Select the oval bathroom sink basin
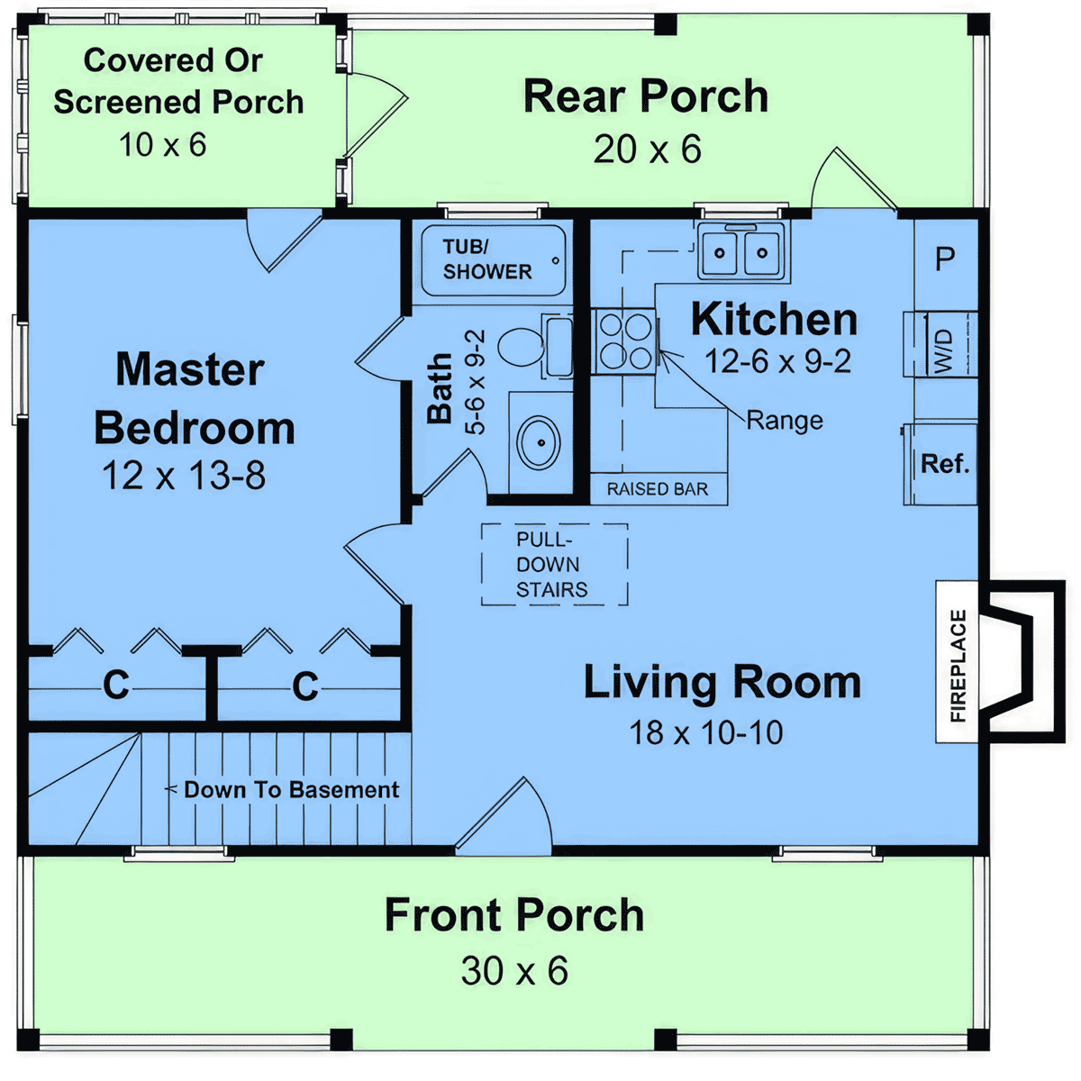pos(539,442)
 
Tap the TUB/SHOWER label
pos(487,259)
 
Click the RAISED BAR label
pos(658,489)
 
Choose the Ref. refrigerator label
pos(945,463)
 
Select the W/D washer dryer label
pos(944,351)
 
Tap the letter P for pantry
pos(945,259)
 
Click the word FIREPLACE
pos(958,666)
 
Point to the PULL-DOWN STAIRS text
pos(551,564)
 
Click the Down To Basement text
pos(292,790)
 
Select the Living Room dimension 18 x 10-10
pos(705,732)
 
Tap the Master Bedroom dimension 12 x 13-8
pos(184,476)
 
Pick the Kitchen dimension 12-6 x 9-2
pos(777,360)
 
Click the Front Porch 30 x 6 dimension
pos(514,970)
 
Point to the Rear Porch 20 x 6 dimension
pos(648,150)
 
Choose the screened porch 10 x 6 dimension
pos(163,145)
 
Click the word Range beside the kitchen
pos(785,421)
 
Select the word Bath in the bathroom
pos(440,388)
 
